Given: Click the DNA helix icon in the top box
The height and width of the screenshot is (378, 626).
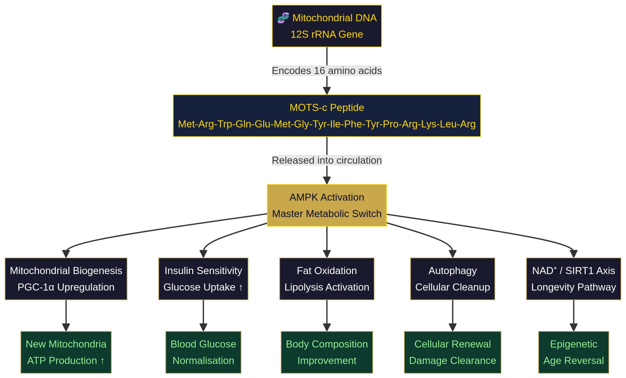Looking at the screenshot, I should coord(283,18).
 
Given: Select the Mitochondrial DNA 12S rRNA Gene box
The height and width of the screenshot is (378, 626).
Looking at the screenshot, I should coord(327,26).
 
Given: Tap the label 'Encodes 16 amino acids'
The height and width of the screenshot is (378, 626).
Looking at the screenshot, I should coord(327,71).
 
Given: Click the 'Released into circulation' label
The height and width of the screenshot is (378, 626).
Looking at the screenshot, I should coord(327,160).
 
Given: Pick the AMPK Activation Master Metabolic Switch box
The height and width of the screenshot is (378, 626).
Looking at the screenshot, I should coord(327,205).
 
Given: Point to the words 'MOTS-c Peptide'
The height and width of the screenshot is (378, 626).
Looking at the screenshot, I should coord(327,107).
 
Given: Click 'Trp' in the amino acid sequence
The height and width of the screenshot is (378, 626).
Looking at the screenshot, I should coord(224,124).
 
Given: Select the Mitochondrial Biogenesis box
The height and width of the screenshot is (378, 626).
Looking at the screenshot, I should coord(66,279).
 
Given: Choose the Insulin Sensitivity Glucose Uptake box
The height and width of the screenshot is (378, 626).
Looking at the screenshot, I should coord(203,279).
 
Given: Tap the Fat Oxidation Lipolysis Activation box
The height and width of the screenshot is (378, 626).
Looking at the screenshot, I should coord(327,279).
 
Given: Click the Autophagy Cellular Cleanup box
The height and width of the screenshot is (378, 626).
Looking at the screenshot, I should coord(452,279).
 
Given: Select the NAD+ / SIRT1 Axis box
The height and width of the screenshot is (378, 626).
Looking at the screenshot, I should coord(573,279).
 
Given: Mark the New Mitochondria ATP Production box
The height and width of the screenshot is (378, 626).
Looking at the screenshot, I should coord(66,352).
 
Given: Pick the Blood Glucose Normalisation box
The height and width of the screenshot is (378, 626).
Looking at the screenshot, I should coord(203,352).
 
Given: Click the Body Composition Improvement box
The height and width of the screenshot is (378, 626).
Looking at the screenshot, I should coord(327,352).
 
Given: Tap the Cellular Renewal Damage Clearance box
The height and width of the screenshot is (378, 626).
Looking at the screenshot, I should coord(452,352).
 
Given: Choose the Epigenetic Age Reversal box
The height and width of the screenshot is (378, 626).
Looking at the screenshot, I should coord(573,352).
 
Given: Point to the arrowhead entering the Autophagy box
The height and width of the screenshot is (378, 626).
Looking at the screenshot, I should coord(452,254).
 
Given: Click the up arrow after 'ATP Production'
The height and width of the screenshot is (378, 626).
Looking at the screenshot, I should coord(102,361).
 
